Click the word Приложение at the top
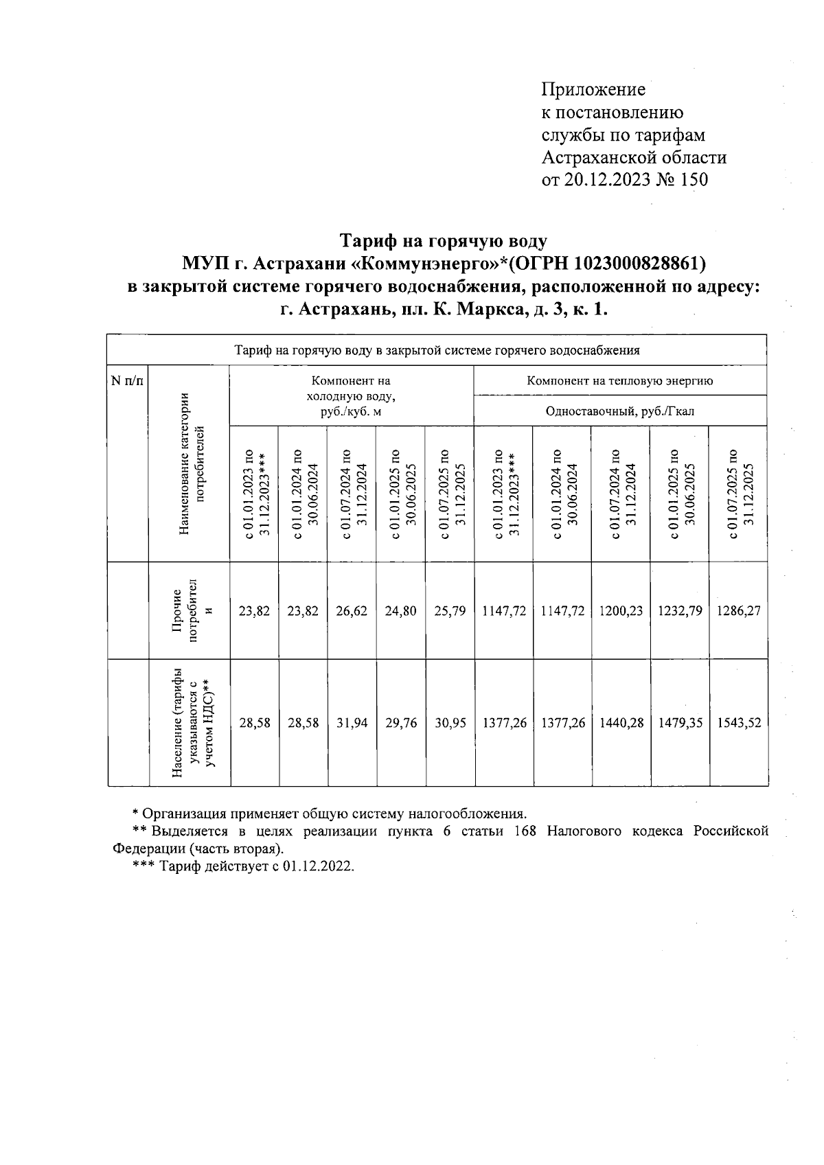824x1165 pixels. pyautogui.click(x=593, y=90)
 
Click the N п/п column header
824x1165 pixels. pyautogui.click(x=128, y=381)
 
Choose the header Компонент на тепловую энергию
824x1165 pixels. pyautogui.click(x=619, y=381)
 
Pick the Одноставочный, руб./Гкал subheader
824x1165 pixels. pyautogui.click(x=619, y=411)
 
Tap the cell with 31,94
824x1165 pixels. pyautogui.click(x=352, y=723)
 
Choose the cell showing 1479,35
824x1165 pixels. pyautogui.click(x=680, y=723)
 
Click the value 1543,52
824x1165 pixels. pyautogui.click(x=738, y=723)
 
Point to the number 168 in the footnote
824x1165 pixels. pyautogui.click(x=525, y=831)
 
